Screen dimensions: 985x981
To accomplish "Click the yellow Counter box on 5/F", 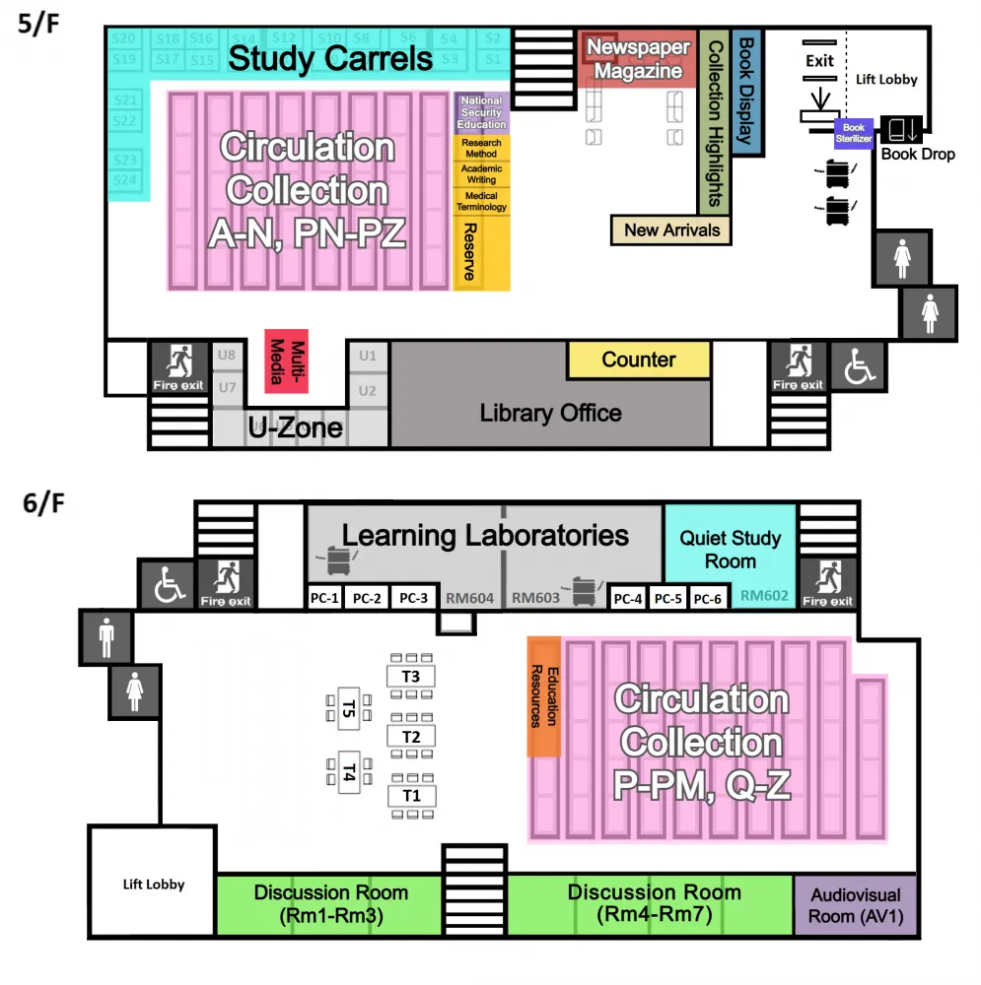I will pyautogui.click(x=638, y=361).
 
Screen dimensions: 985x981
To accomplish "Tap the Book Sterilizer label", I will pyautogui.click(x=853, y=133).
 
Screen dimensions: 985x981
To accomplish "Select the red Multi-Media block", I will pyautogui.click(x=286, y=360).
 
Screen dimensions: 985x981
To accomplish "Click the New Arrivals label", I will pyautogui.click(x=671, y=230).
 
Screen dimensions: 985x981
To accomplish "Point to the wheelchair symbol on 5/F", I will pyautogui.click(x=856, y=366).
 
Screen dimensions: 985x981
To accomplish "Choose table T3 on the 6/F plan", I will pyautogui.click(x=410, y=677).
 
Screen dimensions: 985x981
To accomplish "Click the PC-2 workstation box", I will pyautogui.click(x=366, y=598).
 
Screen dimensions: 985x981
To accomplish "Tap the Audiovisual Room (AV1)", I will pyautogui.click(x=855, y=906).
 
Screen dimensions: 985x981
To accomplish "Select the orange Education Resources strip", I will pyautogui.click(x=544, y=696).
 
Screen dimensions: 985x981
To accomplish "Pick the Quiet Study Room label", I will pyautogui.click(x=730, y=550).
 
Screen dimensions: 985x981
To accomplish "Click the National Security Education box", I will pyautogui.click(x=481, y=113).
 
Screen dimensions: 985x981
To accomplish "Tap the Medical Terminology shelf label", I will pyautogui.click(x=481, y=202).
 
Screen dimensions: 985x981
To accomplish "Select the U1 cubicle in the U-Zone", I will pyautogui.click(x=368, y=355).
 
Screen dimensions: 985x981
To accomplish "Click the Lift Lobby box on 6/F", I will pyautogui.click(x=153, y=884).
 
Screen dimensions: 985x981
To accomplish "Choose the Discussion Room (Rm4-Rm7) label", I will pyautogui.click(x=654, y=903).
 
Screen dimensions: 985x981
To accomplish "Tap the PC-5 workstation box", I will pyautogui.click(x=667, y=598).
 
